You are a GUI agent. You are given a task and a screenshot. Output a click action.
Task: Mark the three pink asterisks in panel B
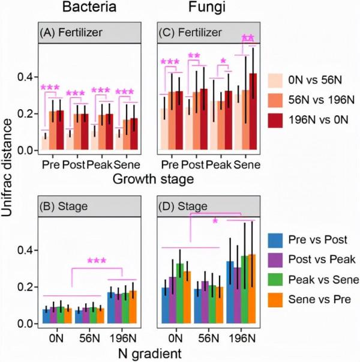point(97,261)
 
